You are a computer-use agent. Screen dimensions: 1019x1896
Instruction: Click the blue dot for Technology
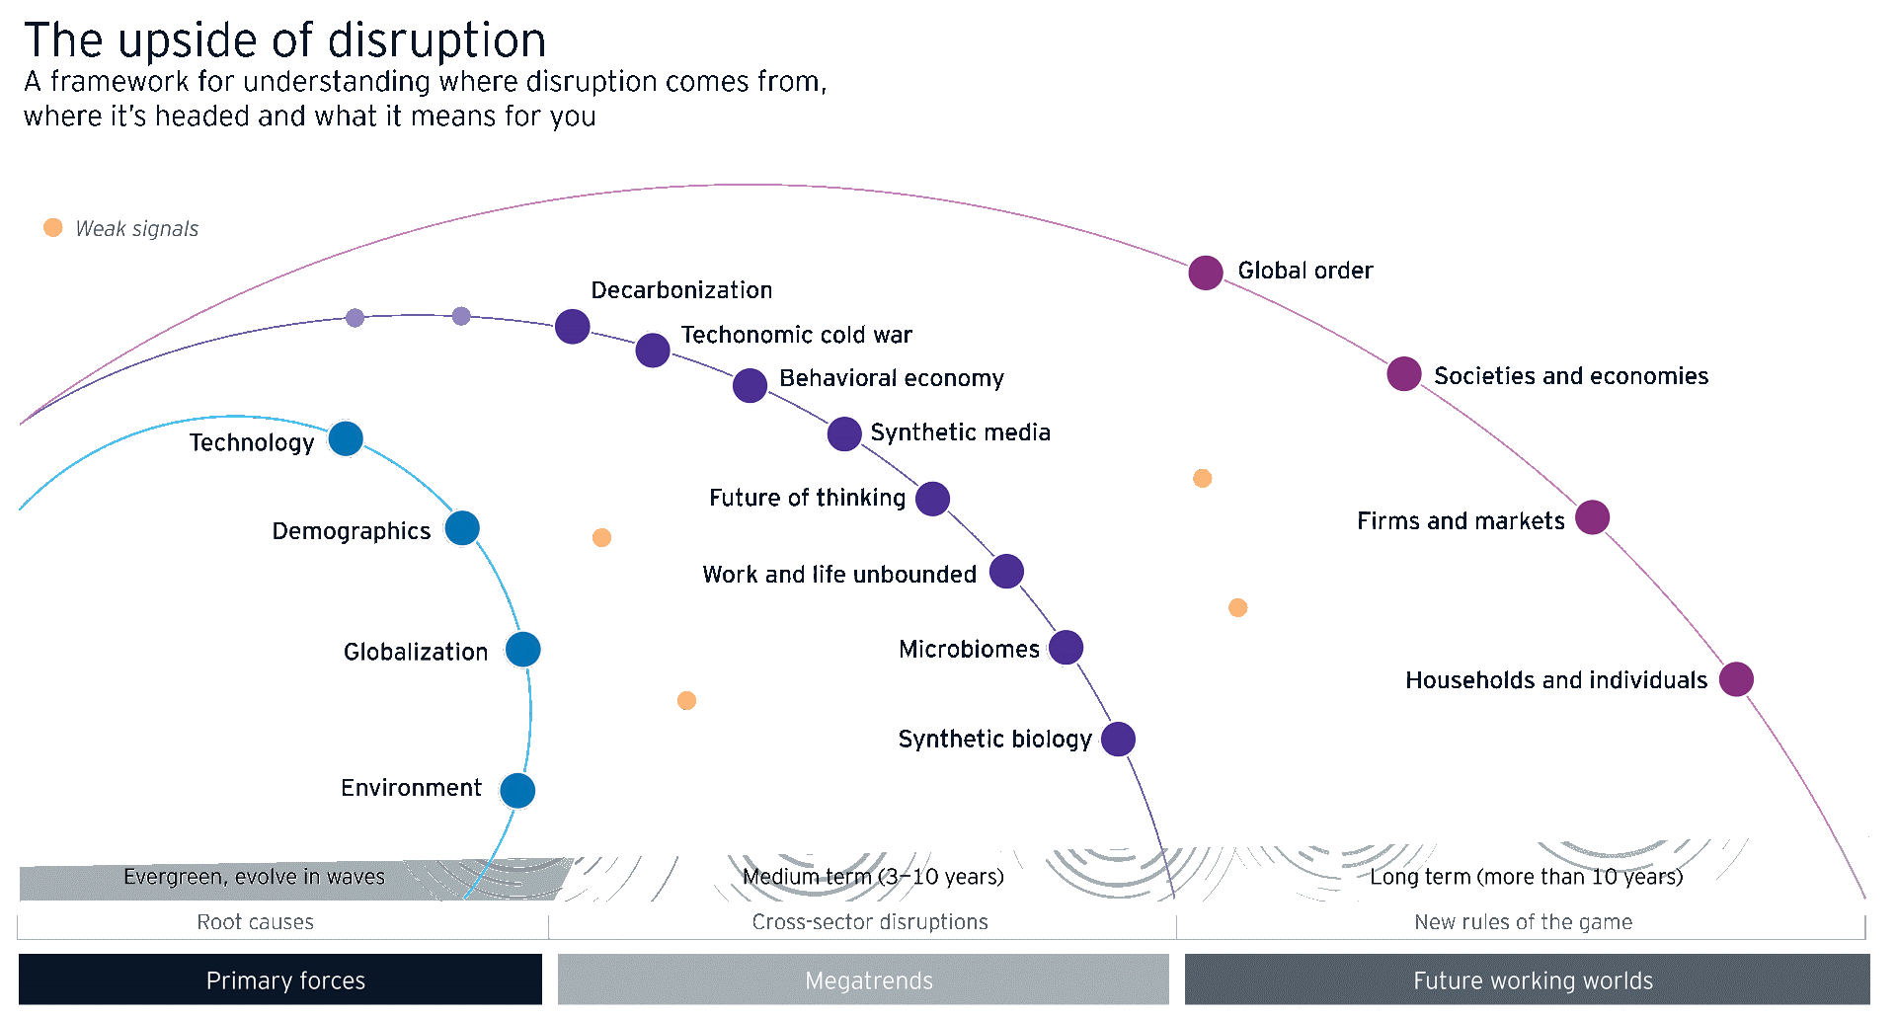(x=346, y=438)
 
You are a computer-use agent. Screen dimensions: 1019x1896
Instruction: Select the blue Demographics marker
(x=462, y=528)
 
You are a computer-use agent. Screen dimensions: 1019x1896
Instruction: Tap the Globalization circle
(x=523, y=650)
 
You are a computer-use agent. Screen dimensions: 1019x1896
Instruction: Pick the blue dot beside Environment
(x=517, y=791)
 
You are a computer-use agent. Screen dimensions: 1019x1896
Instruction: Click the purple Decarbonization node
(x=573, y=327)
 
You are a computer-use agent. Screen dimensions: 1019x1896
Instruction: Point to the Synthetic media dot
(x=844, y=433)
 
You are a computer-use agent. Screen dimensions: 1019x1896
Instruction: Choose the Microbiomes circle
(x=1066, y=648)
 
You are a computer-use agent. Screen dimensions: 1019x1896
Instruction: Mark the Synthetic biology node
(x=1118, y=740)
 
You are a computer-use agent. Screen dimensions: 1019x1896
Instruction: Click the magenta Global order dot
(x=1206, y=273)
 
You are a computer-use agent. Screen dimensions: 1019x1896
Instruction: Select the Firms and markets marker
(x=1593, y=517)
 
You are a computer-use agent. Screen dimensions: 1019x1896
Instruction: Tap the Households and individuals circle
(x=1737, y=679)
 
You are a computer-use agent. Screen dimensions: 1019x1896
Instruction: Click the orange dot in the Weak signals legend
(x=53, y=228)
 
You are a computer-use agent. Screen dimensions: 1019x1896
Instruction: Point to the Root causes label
(x=255, y=922)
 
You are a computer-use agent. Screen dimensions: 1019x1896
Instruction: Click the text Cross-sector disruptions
(x=870, y=922)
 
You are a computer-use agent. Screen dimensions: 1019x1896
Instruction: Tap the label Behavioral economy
(x=891, y=378)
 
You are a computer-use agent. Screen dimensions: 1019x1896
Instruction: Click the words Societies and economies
(x=1571, y=376)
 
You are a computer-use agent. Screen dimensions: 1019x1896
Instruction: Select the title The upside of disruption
(x=285, y=40)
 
